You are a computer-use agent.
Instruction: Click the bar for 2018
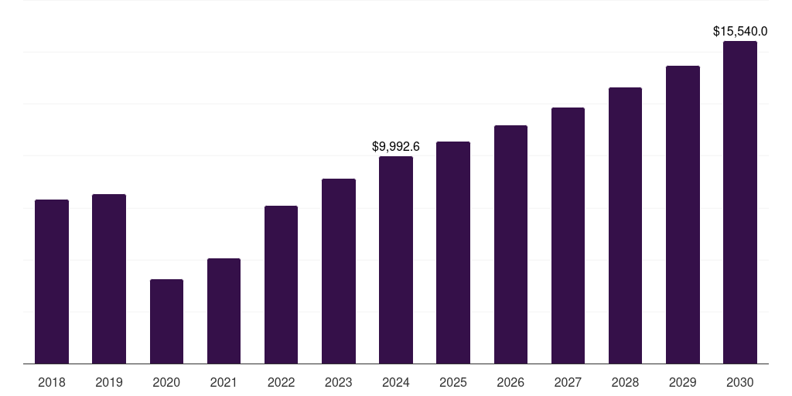52,282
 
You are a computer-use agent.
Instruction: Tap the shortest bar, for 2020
166,321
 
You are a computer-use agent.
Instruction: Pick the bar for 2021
224,311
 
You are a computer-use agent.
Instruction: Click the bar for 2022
281,285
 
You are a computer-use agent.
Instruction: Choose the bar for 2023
339,271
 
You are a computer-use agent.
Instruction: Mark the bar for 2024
396,260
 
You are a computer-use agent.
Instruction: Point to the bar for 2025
453,252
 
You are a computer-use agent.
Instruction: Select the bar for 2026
510,244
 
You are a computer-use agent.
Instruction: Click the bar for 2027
568,235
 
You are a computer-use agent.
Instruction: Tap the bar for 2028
625,225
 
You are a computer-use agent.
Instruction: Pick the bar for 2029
683,214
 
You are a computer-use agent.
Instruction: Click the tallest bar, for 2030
740,202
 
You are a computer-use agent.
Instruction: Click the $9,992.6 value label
396,146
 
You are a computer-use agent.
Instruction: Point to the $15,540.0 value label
740,32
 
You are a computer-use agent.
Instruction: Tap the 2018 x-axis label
52,382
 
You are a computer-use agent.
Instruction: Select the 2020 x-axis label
166,382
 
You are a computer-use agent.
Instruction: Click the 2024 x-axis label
396,382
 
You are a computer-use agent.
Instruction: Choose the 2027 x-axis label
568,382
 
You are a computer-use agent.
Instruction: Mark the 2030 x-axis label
740,382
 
